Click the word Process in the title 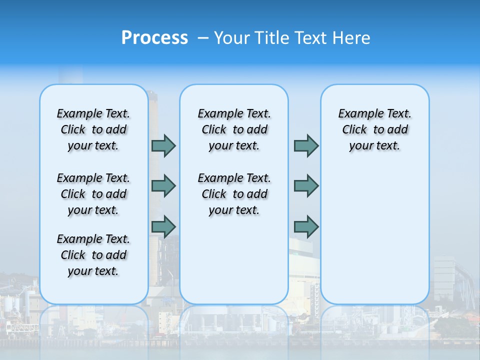(x=154, y=38)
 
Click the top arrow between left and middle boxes (x=163, y=146)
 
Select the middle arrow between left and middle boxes (x=163, y=186)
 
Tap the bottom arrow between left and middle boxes (x=163, y=226)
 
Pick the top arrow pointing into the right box (x=306, y=146)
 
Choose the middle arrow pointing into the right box (x=306, y=186)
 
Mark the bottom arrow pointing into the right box (x=306, y=226)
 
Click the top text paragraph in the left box (x=93, y=129)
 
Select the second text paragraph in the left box (x=93, y=194)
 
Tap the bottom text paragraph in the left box (x=93, y=255)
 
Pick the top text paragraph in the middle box (x=234, y=129)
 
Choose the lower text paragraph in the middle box (x=234, y=194)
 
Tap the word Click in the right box (x=354, y=130)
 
